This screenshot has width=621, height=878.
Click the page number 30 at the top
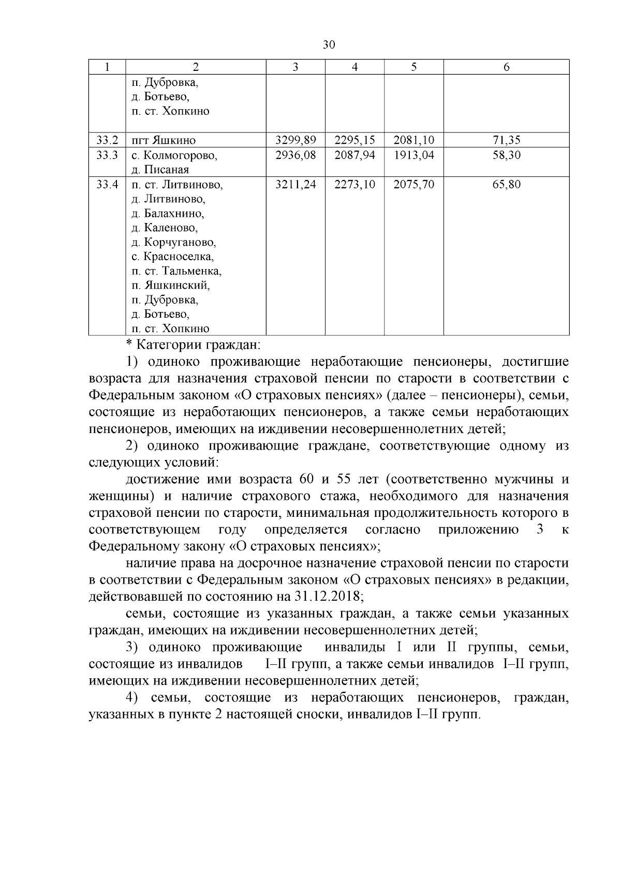pos(329,45)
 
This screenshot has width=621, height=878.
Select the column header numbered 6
pos(506,67)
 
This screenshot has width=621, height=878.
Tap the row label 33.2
pos(107,140)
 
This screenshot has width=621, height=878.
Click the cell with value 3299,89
pos(295,140)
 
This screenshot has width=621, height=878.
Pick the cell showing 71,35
pos(506,140)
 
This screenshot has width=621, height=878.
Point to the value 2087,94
pos(354,155)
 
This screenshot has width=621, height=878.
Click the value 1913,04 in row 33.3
pos(413,155)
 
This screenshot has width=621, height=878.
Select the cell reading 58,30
pos(506,155)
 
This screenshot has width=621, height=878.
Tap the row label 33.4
pos(107,185)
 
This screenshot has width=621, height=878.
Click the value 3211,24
pos(295,185)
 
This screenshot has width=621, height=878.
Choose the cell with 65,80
pos(506,185)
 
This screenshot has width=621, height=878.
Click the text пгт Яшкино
pos(163,140)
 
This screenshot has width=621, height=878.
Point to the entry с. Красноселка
pos(172,257)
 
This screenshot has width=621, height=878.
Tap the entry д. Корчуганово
pos(173,242)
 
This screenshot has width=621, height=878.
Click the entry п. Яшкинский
pos(170,286)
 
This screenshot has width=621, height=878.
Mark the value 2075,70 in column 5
pos(413,185)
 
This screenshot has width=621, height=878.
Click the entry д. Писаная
pos(160,170)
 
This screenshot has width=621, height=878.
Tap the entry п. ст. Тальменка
pos(176,271)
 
